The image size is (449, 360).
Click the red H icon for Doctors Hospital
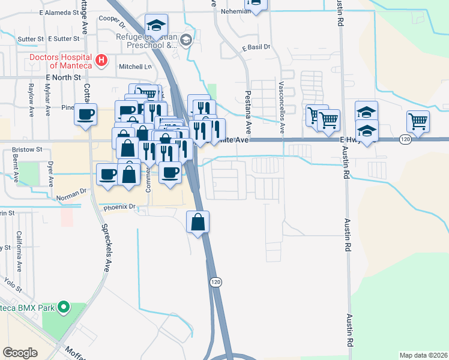pos(102,60)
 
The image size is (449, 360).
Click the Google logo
pos(20,353)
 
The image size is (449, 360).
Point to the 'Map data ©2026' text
pos(423,355)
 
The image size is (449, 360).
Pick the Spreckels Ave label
pos(106,248)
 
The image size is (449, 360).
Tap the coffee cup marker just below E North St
pos(85,113)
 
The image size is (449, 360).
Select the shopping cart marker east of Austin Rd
pos(418,121)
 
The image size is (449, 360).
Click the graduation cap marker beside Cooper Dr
pos(156,26)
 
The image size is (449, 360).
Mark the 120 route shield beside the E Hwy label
pos(405,139)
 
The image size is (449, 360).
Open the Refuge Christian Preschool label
pos(147,40)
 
